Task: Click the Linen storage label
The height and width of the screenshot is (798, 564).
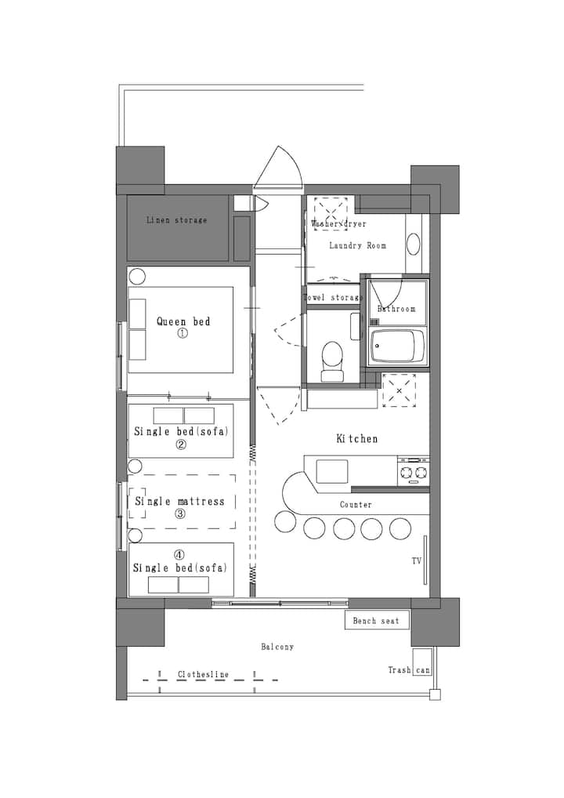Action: pos(176,220)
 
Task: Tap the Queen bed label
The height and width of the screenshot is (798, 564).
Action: pos(183,321)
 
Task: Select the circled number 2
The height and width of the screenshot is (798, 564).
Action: pos(180,444)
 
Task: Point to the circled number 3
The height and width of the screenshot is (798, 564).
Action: pos(180,513)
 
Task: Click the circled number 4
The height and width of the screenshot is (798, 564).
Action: pos(179,555)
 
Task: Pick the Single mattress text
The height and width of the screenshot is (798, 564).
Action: pos(179,501)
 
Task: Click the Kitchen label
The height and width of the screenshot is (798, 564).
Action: pos(357,439)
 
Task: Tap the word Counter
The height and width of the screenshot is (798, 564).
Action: pos(356,505)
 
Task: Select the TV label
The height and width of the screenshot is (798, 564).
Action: pos(417,560)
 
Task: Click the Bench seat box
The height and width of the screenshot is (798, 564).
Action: pos(377,620)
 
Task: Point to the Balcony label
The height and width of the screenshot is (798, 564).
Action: pos(277,647)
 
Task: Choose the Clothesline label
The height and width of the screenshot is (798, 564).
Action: pos(203,674)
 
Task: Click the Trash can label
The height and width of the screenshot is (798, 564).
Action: pos(409,670)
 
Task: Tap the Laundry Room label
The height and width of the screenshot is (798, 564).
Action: pos(357,245)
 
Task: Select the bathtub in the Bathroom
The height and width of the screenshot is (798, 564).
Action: pos(397,346)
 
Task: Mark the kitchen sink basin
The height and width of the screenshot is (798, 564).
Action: pos(332,471)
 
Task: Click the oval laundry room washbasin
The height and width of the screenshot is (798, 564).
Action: pos(414,245)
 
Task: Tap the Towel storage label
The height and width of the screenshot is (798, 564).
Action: pos(333,297)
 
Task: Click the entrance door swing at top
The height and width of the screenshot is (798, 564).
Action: pos(278,166)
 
